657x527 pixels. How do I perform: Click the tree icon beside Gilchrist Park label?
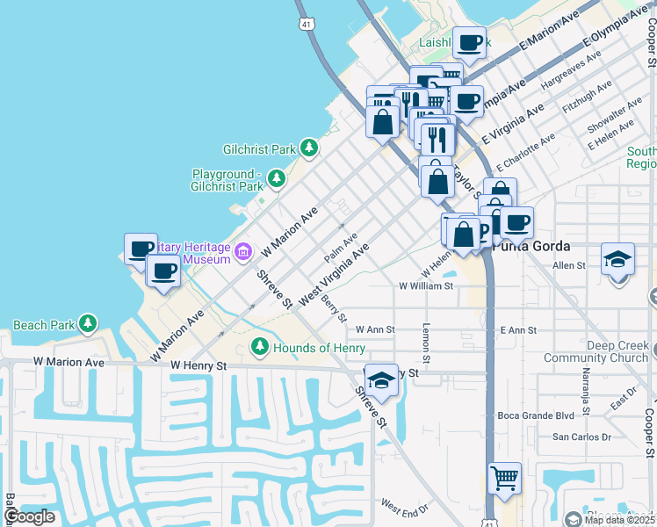tap(308, 148)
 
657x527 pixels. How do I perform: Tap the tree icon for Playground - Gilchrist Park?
tap(277, 180)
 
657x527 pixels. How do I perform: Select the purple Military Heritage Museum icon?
tap(243, 253)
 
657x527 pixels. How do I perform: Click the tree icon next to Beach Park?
tap(87, 324)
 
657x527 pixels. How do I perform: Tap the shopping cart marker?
tap(504, 479)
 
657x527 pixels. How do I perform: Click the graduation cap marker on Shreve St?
tap(381, 380)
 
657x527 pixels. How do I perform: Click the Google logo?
tap(29, 516)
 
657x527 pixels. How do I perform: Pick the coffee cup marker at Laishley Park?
tap(469, 42)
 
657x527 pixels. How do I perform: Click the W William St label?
tap(425, 285)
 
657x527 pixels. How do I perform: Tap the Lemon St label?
tap(426, 343)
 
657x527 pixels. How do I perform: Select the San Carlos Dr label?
tap(581, 437)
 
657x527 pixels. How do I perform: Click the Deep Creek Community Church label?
tap(595, 351)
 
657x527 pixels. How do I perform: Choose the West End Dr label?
tap(404, 507)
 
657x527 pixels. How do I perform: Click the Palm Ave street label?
tap(341, 248)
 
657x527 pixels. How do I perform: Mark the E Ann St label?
tap(517, 330)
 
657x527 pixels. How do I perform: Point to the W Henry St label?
tap(199, 365)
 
